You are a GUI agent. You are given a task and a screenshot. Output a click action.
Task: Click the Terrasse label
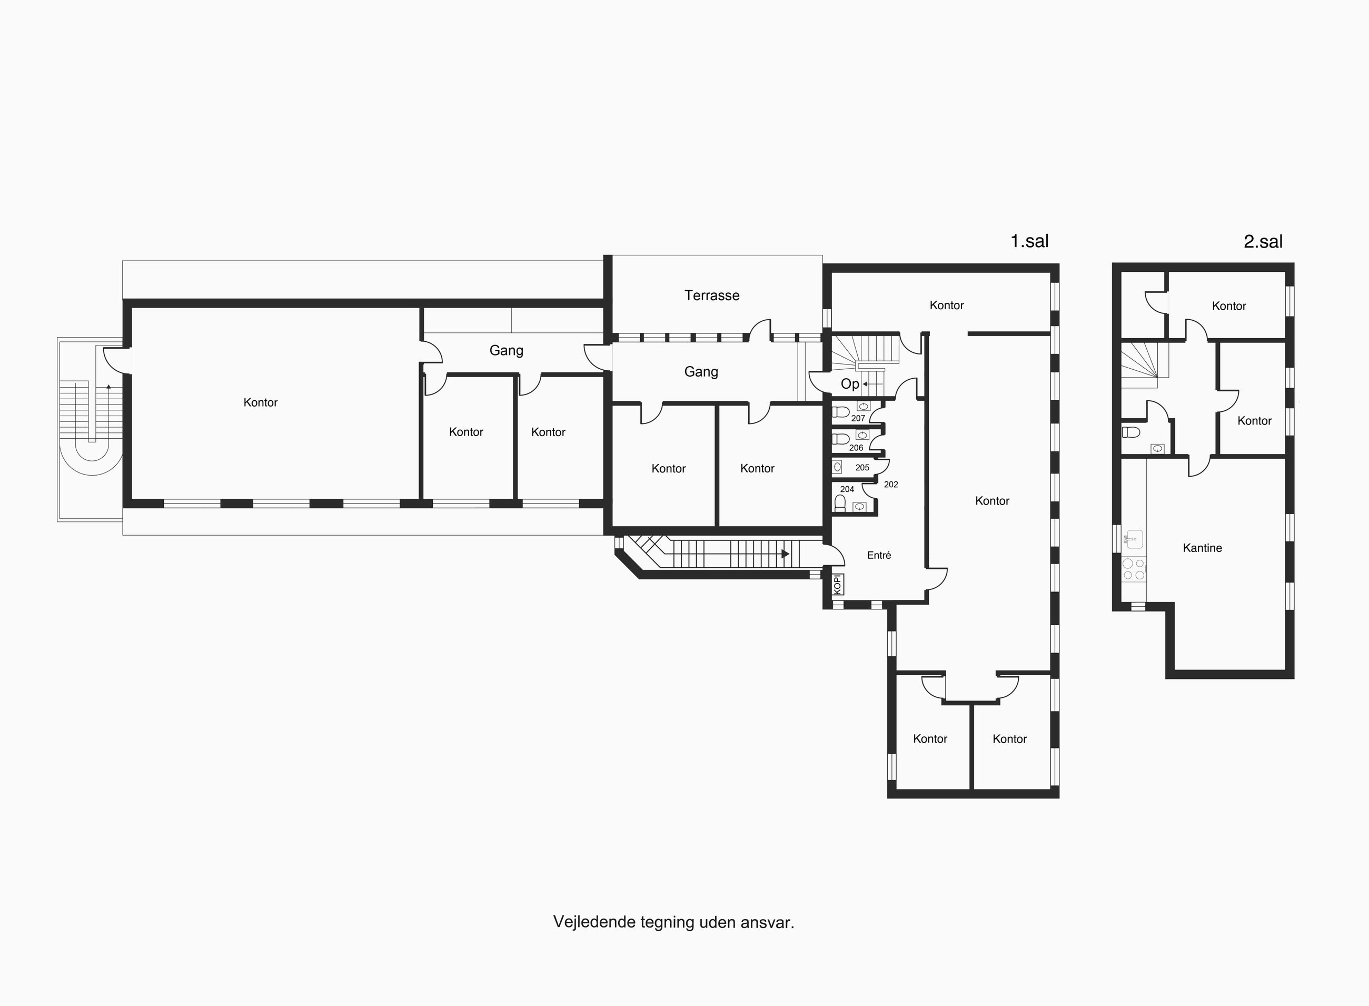711,295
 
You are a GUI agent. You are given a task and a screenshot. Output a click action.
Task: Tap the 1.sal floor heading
1029,241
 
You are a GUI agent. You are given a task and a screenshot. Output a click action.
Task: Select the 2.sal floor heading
1263,242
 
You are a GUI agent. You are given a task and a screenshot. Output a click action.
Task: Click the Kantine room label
1202,548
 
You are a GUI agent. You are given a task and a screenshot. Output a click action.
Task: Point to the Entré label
879,555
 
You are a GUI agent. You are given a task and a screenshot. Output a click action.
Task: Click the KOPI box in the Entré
838,585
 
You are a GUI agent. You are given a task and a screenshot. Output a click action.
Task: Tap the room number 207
858,418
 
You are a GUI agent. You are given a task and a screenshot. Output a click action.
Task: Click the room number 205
862,468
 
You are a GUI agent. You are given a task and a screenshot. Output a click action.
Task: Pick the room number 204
847,489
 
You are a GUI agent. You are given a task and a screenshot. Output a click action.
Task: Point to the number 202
891,485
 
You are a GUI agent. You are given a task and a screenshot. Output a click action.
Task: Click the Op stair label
850,384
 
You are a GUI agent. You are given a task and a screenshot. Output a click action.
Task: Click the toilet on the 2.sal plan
1131,432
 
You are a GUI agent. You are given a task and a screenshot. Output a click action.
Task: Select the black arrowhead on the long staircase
786,554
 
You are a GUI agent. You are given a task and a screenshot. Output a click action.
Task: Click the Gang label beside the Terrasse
701,372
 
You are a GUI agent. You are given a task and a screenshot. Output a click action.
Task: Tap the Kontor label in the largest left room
261,402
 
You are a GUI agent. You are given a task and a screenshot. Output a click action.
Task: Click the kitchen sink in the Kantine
1134,539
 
